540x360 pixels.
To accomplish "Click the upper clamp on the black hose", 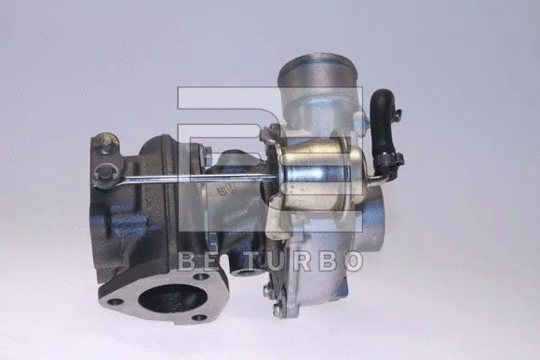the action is (x=397, y=113).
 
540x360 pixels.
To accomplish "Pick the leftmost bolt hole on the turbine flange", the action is (x=115, y=302).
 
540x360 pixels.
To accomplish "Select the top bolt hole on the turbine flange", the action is (x=201, y=276).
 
